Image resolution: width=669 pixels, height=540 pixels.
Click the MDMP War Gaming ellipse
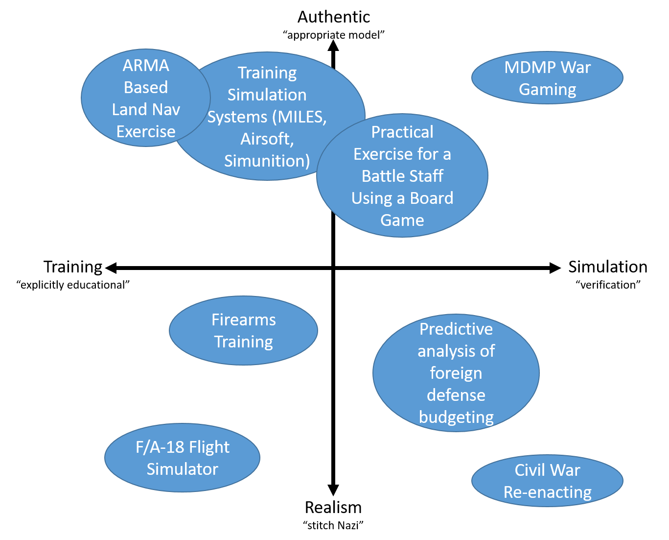point(547,78)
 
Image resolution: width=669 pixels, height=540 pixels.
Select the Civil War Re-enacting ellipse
point(547,481)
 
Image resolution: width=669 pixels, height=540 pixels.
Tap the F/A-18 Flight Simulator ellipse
point(182,458)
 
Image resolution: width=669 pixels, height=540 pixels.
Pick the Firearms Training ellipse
point(243,331)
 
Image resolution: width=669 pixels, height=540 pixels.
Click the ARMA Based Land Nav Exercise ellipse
point(145,98)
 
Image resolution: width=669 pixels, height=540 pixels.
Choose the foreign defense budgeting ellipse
point(456,373)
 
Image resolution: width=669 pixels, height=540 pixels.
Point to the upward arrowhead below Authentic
point(333,46)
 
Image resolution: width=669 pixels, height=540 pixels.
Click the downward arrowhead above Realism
point(333,490)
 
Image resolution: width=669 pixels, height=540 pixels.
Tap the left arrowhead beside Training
point(111,268)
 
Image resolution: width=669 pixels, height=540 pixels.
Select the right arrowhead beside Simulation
point(555,268)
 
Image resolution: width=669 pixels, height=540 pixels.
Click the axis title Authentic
point(334,17)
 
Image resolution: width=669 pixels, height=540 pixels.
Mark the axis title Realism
point(333,508)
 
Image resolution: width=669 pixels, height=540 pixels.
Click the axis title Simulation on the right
point(608,267)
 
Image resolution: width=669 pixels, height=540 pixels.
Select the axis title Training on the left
point(73,268)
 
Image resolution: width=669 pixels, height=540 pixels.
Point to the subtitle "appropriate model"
point(334,35)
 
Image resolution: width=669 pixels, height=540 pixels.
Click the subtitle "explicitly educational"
point(73,285)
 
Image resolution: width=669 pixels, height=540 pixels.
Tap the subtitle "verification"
point(608,285)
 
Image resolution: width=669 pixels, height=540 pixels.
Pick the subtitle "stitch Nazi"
point(333,526)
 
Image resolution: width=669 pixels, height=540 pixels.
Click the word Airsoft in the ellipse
point(267,139)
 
